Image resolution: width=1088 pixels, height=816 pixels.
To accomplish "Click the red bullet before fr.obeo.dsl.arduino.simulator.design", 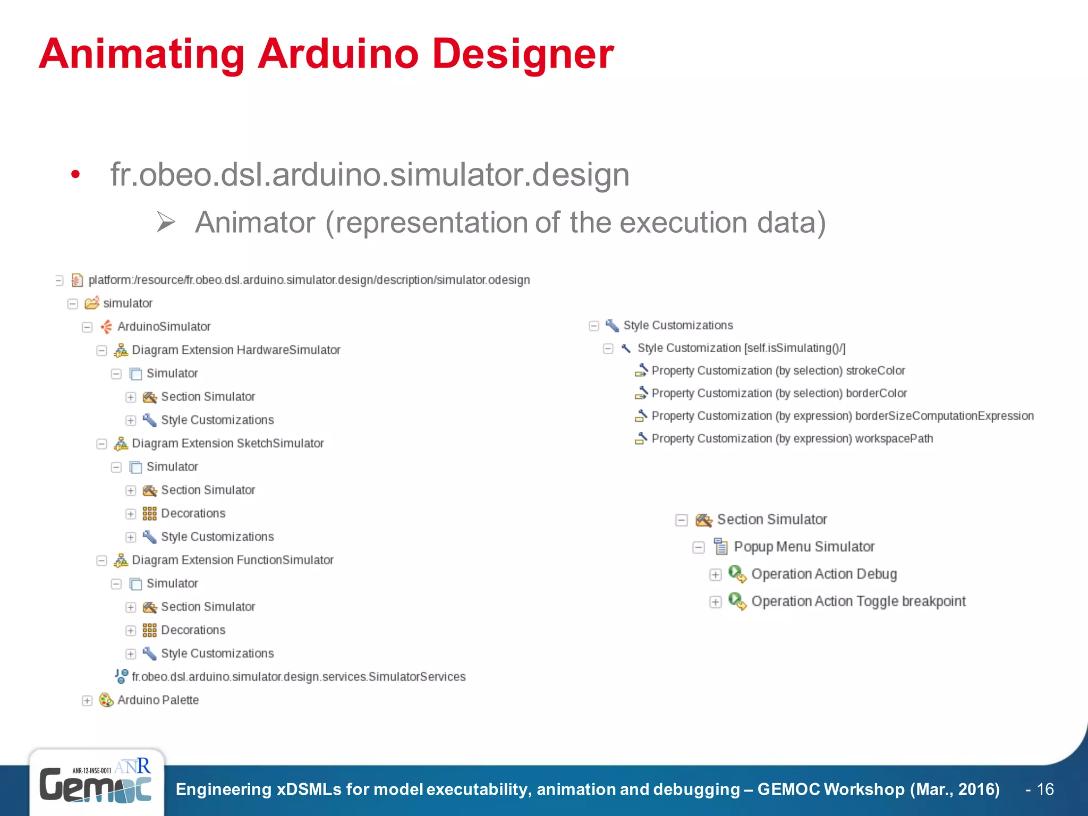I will point(75,174).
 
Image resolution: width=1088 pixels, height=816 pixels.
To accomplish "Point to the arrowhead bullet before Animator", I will point(166,222).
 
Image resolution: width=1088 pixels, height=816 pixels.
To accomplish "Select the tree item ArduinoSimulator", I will point(164,327).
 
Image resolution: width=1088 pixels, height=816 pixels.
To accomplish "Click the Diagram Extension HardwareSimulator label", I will point(236,350).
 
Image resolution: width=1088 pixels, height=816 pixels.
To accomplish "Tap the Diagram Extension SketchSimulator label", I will point(227,444).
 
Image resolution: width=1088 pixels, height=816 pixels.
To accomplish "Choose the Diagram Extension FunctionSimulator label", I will point(233,560).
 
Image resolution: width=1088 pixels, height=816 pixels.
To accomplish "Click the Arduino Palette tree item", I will point(158,700).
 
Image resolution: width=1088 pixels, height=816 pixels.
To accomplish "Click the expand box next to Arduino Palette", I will point(87,701).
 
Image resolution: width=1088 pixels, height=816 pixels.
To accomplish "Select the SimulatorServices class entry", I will point(299,677).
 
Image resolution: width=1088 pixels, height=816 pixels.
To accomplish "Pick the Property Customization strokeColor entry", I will point(778,371).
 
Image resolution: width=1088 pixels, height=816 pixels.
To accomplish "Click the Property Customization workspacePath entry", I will point(792,439).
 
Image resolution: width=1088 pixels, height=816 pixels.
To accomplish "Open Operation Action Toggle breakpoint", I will point(858,601).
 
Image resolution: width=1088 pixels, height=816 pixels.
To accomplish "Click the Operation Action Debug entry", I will point(823,574).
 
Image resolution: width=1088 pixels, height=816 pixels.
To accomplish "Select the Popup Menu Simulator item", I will point(804,547).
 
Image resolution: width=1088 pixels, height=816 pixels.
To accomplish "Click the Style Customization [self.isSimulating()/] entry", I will point(741,348).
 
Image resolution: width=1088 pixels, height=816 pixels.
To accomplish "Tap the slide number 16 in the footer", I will point(1045,789).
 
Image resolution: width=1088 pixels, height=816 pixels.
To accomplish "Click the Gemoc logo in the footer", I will point(96,784).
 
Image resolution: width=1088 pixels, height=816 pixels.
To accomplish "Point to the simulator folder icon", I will point(92,303).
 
